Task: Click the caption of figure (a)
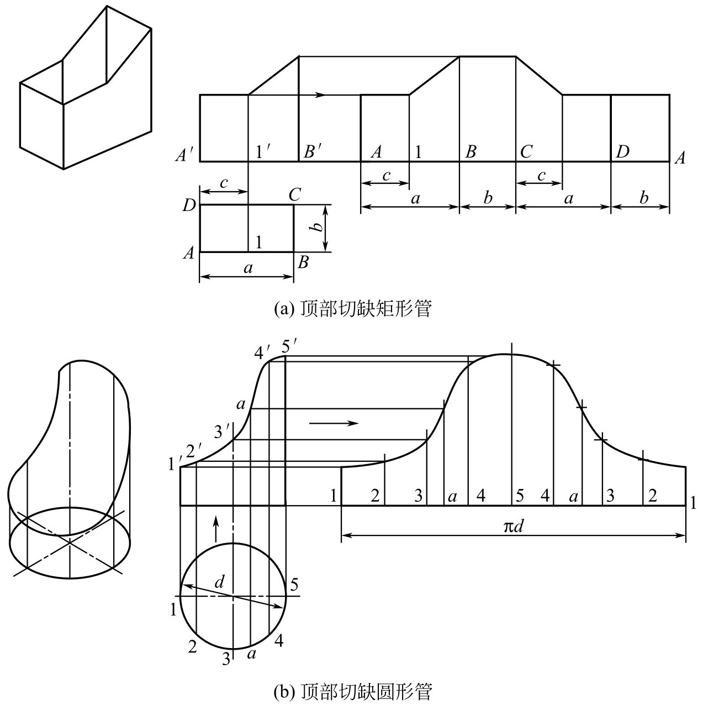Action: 353,308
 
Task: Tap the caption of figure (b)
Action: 353,691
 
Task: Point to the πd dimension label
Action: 513,526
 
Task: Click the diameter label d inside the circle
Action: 219,581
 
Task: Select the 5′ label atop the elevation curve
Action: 290,346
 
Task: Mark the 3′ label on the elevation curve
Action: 223,432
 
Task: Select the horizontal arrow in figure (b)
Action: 334,423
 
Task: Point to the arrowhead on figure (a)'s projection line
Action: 320,95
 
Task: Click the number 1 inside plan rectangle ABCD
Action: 259,242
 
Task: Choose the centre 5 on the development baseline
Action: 520,496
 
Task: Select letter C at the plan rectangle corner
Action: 294,195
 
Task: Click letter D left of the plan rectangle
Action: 189,206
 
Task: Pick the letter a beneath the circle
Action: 251,664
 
